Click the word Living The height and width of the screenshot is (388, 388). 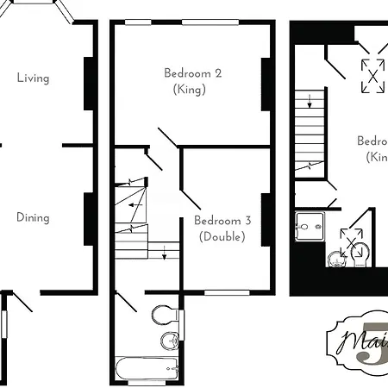tap(33, 78)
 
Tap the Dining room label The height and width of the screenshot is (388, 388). tap(33, 217)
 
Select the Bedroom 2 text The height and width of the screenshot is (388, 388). tap(193, 73)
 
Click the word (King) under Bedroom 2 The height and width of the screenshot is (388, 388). tap(190, 89)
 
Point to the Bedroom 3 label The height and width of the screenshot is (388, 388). tap(222, 221)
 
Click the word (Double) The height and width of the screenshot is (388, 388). tap(222, 236)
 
